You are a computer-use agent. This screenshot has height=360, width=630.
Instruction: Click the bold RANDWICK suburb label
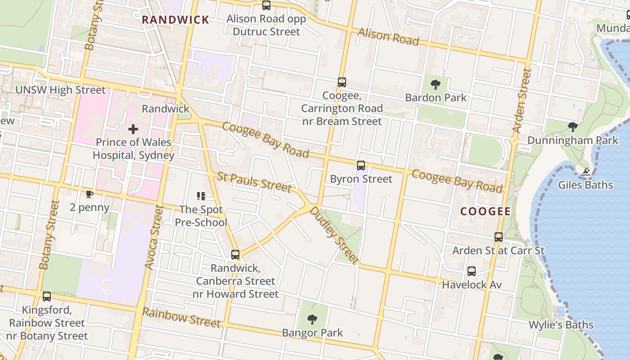pos(175,20)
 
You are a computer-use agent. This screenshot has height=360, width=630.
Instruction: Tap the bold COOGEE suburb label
pos(485,211)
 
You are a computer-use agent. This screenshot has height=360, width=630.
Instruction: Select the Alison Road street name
pos(388,37)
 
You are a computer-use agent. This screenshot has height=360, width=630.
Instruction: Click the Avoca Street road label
pos(153,238)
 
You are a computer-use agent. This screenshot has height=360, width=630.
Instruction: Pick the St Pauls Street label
pos(254,182)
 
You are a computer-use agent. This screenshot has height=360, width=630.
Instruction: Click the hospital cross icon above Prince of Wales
pos(133,130)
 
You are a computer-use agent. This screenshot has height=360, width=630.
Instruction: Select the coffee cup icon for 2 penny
pos(90,194)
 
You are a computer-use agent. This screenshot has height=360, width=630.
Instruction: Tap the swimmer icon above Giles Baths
pos(585,172)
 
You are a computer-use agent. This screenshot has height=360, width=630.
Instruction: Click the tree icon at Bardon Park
pos(435,84)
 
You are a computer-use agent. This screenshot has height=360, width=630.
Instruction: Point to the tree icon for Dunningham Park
pos(572,127)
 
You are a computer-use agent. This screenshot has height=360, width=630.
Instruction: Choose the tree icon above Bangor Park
pos(312,320)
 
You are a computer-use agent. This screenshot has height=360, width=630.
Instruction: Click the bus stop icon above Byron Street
pos(361,166)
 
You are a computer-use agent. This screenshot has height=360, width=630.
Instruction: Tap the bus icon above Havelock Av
pos(471,271)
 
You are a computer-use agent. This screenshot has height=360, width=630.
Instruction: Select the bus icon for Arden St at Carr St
pos(498,237)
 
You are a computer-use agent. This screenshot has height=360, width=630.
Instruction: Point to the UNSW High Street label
pos(60,90)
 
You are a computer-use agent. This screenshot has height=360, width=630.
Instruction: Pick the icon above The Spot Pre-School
pos(201,196)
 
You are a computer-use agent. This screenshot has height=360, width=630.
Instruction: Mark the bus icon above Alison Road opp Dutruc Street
pos(266,5)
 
